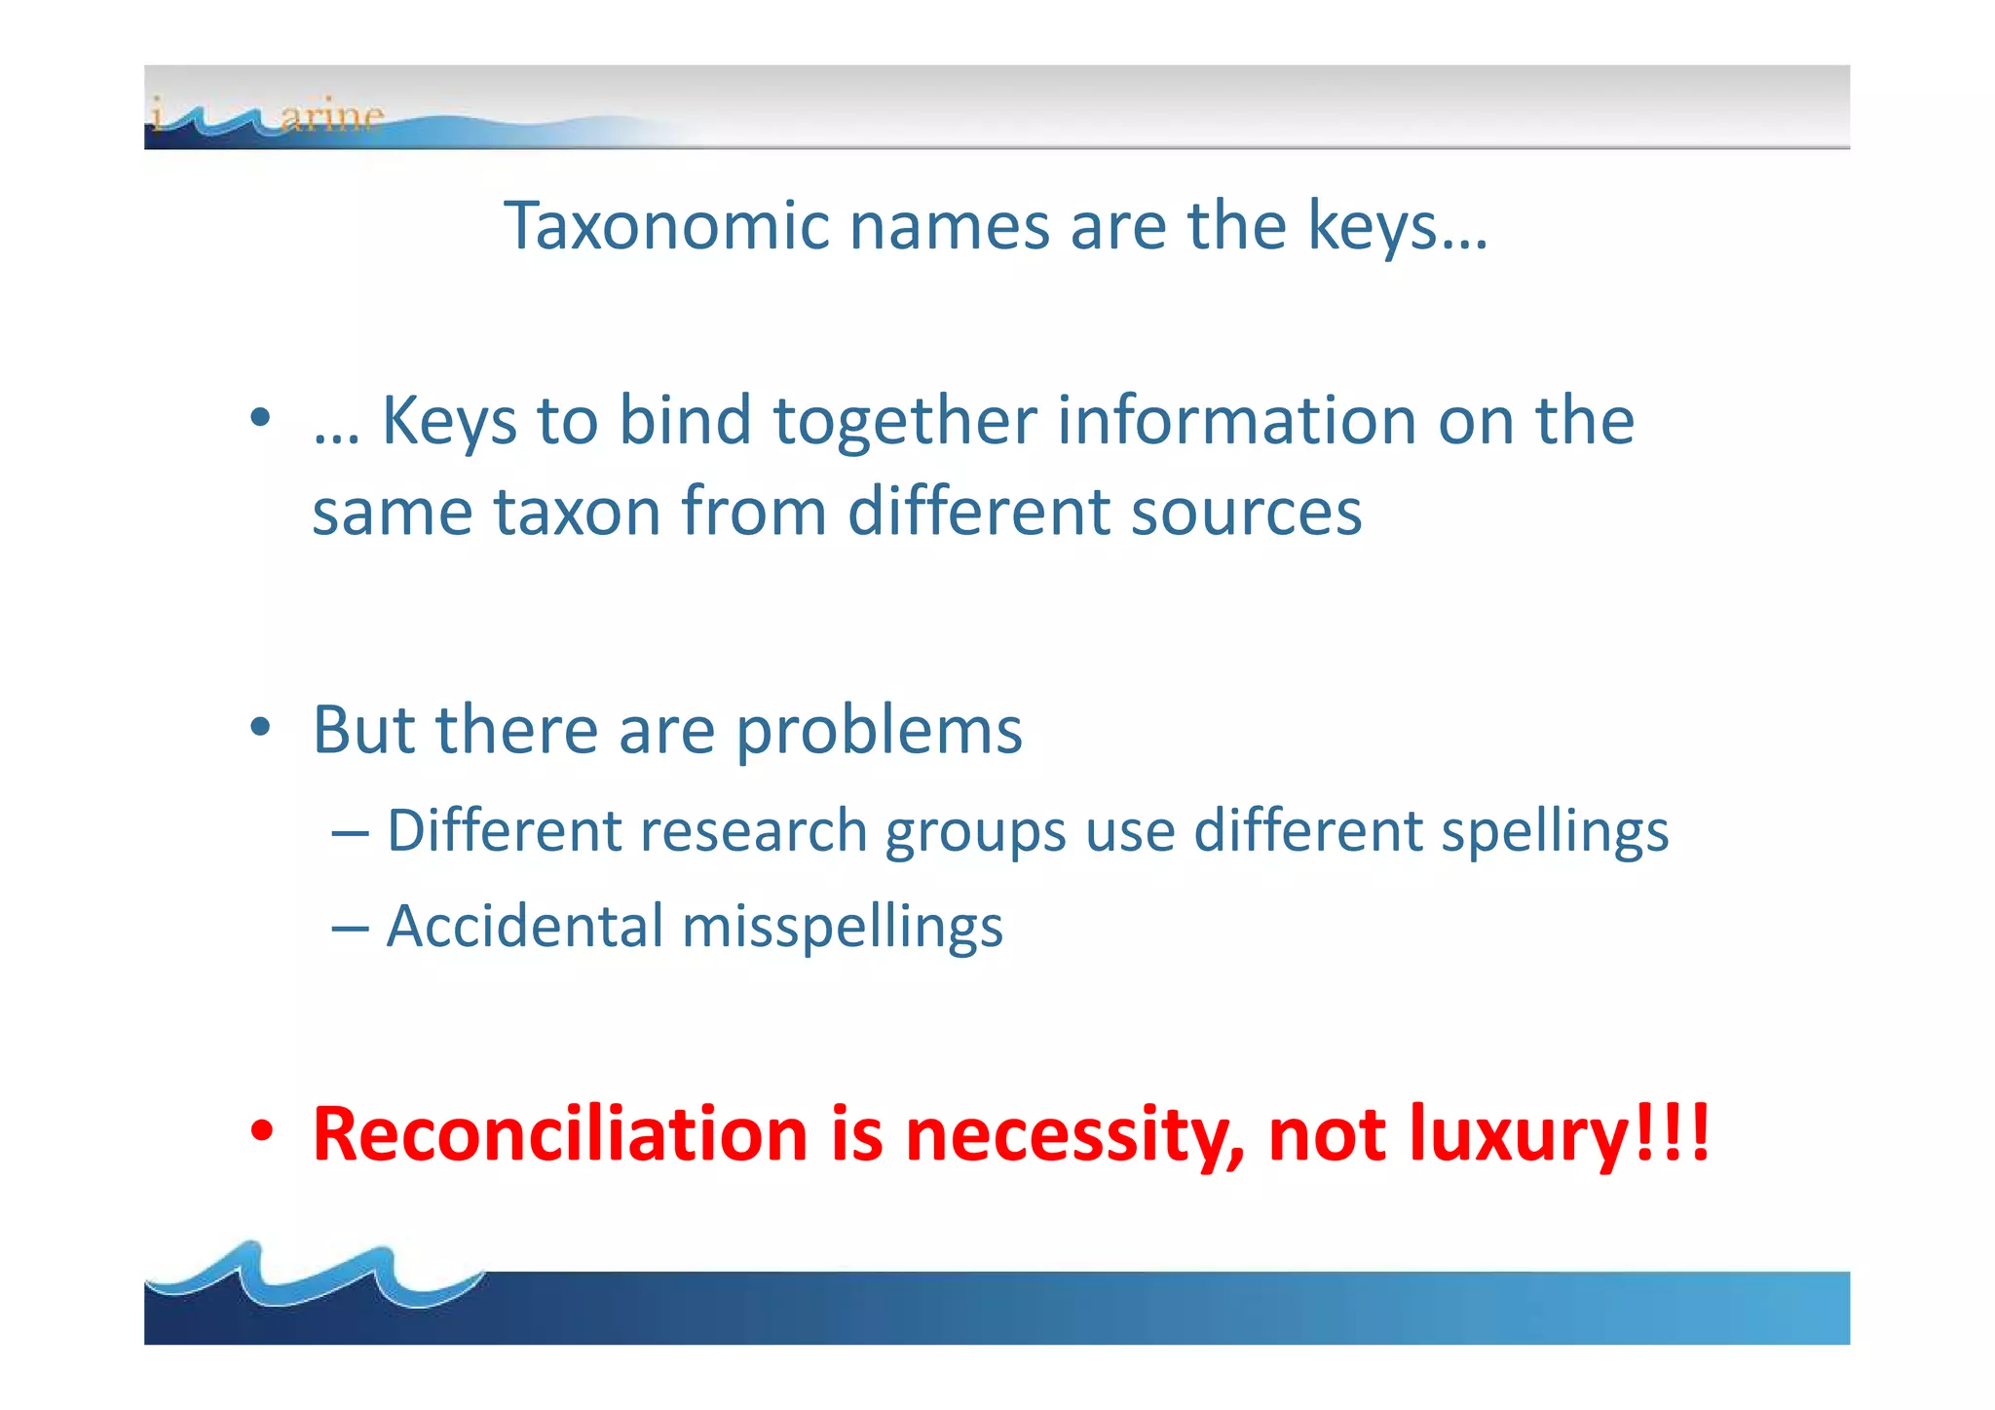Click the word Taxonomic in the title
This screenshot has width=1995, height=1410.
tap(665, 226)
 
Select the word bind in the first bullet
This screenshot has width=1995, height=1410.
tap(685, 421)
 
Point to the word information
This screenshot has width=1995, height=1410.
tap(1236, 421)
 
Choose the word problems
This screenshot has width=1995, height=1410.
tap(879, 732)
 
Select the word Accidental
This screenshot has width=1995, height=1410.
tap(525, 926)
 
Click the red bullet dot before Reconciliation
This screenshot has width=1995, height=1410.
tap(261, 1132)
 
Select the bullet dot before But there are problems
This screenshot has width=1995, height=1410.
tap(259, 727)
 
